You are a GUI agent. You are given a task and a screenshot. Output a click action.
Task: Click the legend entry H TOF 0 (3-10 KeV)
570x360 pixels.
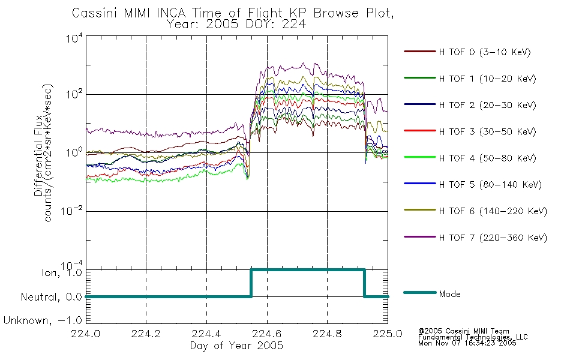tap(485, 52)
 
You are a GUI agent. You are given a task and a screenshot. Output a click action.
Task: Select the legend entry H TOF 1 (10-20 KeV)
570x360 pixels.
tap(487, 79)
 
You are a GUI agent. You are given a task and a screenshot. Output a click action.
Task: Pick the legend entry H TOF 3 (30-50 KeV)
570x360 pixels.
tap(487, 131)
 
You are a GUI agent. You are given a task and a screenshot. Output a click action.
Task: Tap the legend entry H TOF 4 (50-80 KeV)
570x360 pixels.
tap(487, 158)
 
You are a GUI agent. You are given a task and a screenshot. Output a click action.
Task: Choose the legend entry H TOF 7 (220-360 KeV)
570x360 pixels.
tap(493, 238)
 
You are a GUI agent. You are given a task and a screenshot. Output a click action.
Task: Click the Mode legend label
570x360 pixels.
tap(449, 294)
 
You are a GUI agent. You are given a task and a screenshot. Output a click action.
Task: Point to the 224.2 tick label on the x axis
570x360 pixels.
tap(146, 334)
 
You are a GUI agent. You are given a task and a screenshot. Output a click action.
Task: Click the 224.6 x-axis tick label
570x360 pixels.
tap(267, 334)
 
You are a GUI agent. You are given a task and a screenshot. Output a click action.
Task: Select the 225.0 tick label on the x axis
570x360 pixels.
tap(388, 334)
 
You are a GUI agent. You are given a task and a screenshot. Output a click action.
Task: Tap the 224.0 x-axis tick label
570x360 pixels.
tap(85, 334)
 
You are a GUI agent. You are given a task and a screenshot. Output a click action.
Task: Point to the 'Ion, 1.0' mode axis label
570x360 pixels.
tap(61, 272)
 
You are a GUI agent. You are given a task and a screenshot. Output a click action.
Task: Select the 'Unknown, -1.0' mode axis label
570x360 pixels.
tap(43, 320)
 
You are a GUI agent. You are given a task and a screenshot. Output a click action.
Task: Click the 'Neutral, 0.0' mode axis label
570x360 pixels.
tap(51, 297)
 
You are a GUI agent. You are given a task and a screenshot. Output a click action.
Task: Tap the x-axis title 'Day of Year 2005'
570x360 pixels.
tap(236, 346)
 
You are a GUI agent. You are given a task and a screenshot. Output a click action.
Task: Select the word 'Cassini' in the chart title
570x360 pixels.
tap(95, 13)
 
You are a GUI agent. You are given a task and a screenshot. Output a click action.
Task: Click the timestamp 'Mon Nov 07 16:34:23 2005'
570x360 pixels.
tap(467, 343)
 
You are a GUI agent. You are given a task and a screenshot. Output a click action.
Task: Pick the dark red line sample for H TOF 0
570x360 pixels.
tap(420, 52)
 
